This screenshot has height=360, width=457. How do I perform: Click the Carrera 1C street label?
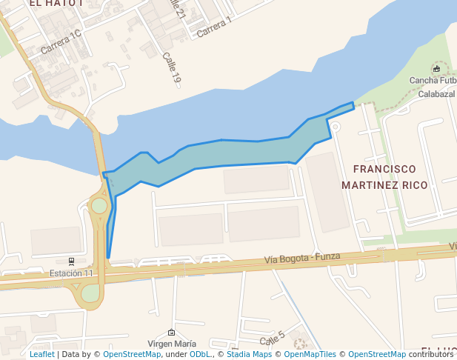(x=61, y=41)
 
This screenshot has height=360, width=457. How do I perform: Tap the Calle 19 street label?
(x=171, y=72)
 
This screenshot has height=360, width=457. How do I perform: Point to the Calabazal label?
(x=436, y=94)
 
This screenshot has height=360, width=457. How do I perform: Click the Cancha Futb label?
(x=436, y=81)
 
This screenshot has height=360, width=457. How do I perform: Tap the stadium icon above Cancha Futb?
(x=436, y=70)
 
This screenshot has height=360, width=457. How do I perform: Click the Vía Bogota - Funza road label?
(x=302, y=258)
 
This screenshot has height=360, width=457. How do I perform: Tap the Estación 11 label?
(x=71, y=273)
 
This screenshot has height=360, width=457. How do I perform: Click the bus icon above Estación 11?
(x=71, y=261)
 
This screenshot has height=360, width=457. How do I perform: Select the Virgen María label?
(x=172, y=344)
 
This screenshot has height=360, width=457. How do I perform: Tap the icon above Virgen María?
(x=172, y=333)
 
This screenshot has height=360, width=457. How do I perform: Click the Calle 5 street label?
(x=272, y=339)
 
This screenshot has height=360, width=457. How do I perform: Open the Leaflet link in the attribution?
(x=41, y=354)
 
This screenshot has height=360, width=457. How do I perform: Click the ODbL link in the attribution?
(x=199, y=354)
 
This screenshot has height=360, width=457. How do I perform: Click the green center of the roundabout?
(x=99, y=205)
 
